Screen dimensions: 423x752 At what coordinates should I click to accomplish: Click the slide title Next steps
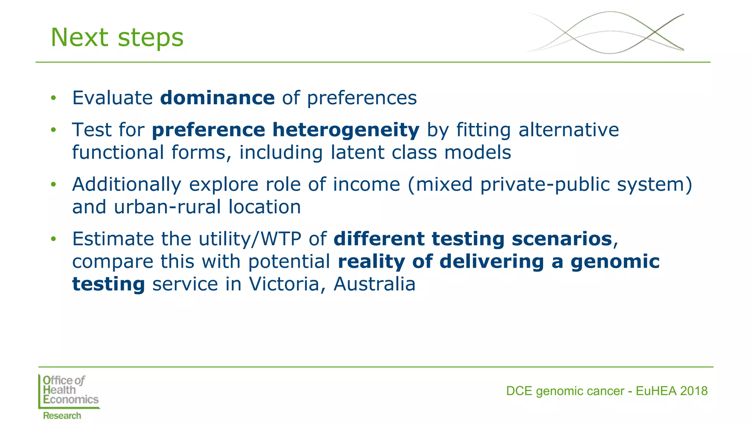pos(117,37)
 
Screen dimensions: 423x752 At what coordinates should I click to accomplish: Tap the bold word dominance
pos(217,98)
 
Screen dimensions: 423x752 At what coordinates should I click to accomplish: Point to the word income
pos(366,184)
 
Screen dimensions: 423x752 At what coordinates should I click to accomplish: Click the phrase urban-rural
pos(167,207)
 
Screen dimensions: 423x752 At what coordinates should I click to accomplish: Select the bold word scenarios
pos(562,239)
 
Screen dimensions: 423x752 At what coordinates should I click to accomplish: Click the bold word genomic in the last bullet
pos(615,261)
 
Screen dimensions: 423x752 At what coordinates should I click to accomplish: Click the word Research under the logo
pos(62,416)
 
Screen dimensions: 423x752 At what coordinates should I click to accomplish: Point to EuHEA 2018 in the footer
pos(671,391)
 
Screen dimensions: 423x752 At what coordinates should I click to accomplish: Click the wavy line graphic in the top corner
pos(606,33)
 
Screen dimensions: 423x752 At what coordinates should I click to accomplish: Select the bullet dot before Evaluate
pos(54,98)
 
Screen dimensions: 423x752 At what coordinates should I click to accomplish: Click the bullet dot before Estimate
pos(54,239)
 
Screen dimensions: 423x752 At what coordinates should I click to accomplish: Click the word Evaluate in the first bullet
pos(112,98)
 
